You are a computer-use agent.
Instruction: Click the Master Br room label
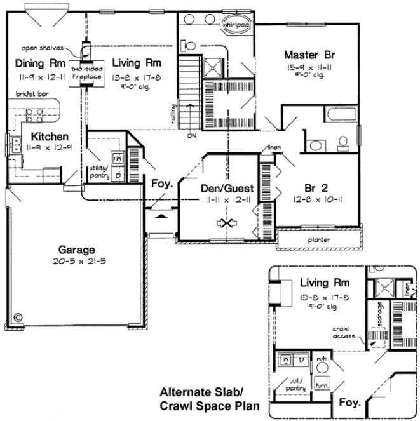pos(302,55)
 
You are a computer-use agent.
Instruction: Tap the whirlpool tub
pos(233,26)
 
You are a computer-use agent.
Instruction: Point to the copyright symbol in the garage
pos(17,315)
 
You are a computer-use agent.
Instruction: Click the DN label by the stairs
pos(191,135)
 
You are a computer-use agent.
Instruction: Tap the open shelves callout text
pos(41,47)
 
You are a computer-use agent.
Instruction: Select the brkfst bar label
pos(31,93)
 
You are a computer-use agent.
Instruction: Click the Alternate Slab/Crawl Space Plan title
pos(201,397)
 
